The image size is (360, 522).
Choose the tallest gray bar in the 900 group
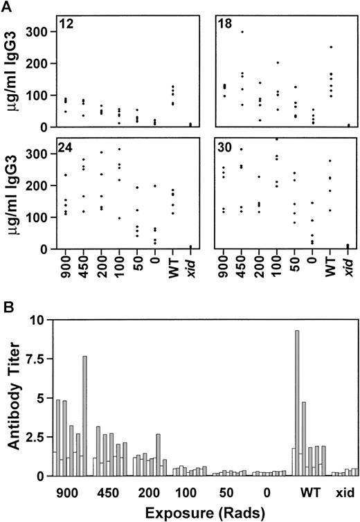pyautogui.click(x=85, y=416)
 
